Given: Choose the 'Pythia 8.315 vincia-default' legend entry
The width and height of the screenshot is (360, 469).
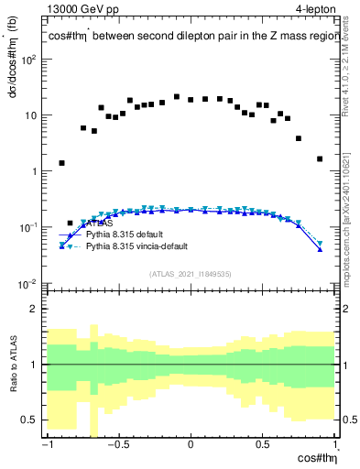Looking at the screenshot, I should point(137,247).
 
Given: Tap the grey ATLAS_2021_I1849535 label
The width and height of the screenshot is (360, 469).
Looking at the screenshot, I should point(190,273).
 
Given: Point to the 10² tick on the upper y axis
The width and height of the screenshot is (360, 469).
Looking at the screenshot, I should point(29,60).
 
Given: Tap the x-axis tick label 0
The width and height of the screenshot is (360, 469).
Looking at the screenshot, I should point(190,445).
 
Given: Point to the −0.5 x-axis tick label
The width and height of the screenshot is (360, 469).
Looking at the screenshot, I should point(116,445).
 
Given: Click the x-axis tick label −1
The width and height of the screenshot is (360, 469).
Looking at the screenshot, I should point(45,445).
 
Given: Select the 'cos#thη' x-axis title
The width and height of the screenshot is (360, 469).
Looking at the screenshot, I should point(313,458).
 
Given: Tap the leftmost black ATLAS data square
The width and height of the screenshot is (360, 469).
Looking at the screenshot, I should point(61,163).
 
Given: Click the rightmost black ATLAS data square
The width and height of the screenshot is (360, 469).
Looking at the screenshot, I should point(320,158).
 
